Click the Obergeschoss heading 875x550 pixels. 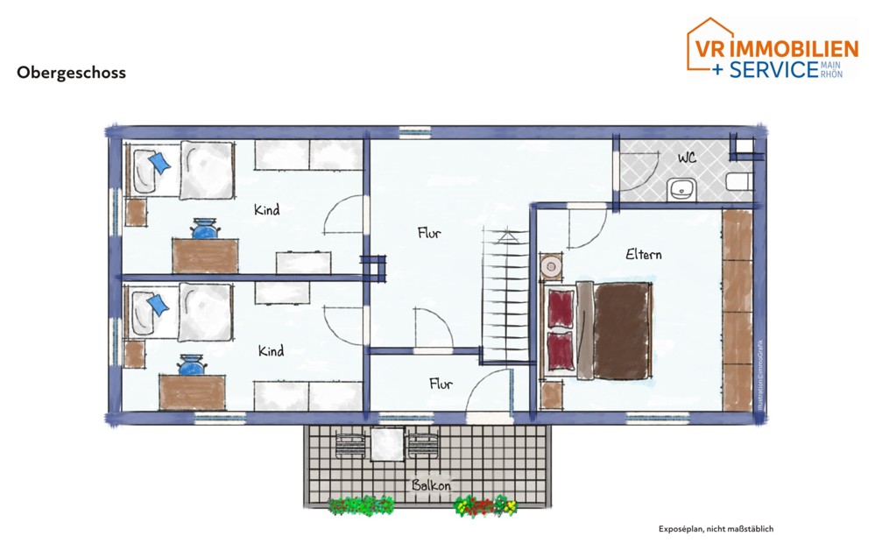click(71, 73)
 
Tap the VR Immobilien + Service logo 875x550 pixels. click(770, 49)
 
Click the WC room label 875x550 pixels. click(687, 159)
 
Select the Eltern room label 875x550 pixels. click(643, 255)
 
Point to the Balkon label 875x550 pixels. click(431, 485)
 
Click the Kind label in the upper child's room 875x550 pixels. click(266, 210)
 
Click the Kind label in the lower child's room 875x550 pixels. click(271, 351)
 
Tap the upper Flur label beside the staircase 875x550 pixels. click(428, 233)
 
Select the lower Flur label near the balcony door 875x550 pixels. click(440, 384)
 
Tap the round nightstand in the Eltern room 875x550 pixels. click(551, 265)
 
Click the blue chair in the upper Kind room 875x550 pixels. click(204, 229)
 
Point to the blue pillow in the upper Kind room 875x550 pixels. click(160, 162)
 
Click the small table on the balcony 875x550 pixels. click(386, 444)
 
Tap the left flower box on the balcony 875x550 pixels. click(360, 505)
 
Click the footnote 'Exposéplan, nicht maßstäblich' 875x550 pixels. click(716, 529)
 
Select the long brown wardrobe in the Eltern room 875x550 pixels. click(737, 309)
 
